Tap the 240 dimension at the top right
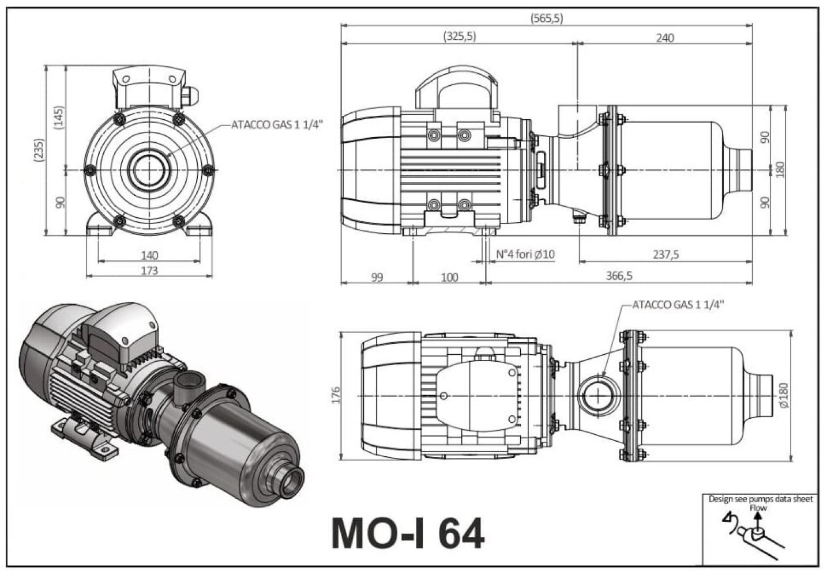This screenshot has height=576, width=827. point(665,38)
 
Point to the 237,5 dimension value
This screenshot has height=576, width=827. point(666,255)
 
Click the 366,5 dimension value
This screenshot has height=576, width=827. point(619,275)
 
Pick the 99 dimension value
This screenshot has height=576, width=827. point(377,277)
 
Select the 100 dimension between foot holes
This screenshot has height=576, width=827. point(450,277)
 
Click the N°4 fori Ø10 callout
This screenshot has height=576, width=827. point(525,254)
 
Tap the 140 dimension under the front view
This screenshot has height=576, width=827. point(149,255)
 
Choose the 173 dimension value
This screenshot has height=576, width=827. point(149,271)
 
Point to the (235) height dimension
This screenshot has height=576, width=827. point(39,150)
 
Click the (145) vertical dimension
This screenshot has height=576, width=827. point(59,118)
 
